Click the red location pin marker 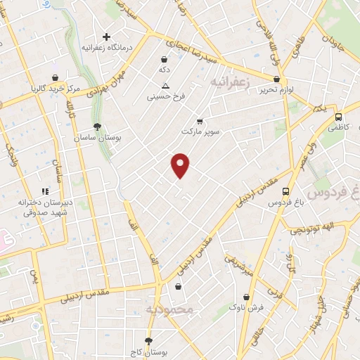click(181, 165)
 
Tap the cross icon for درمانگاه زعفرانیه click(106, 37)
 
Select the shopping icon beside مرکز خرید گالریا click(55, 77)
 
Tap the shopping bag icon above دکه click(164, 59)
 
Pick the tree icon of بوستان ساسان click(97, 127)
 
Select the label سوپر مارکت click(200, 131)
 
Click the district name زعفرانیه click(231, 83)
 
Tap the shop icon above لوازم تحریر click(277, 79)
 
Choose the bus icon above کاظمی click(339, 117)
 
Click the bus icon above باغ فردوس click(285, 191)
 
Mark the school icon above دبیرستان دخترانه click(46, 191)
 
